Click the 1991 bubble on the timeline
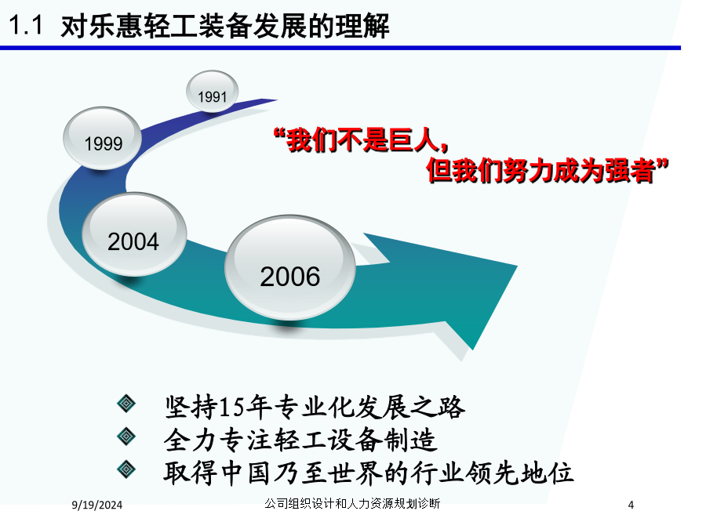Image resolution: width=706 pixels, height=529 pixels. pyautogui.click(x=212, y=92)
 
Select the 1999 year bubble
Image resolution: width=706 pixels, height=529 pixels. pyautogui.click(x=103, y=138)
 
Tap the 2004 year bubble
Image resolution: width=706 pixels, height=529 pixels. pyautogui.click(x=134, y=234)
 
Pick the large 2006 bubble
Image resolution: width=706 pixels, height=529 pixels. pyautogui.click(x=290, y=268)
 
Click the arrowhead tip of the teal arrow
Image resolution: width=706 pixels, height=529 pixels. pyautogui.click(x=472, y=349)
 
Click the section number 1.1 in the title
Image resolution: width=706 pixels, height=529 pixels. pyautogui.click(x=26, y=25)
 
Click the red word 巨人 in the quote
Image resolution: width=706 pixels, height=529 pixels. pyautogui.click(x=414, y=140)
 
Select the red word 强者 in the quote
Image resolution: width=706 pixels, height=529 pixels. pyautogui.click(x=630, y=171)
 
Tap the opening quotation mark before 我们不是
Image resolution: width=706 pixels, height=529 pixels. pyautogui.click(x=279, y=133)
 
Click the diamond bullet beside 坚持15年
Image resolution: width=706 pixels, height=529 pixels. pyautogui.click(x=126, y=404)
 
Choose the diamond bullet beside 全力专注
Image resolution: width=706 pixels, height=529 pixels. pyautogui.click(x=126, y=437)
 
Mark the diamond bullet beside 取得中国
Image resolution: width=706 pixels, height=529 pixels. pyautogui.click(x=126, y=469)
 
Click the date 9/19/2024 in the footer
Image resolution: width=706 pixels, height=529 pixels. pyautogui.click(x=96, y=505)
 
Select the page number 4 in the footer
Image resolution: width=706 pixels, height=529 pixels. pyautogui.click(x=631, y=505)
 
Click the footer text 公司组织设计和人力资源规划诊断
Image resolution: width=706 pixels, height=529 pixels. pyautogui.click(x=352, y=503)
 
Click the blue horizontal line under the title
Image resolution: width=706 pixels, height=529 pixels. pyautogui.click(x=340, y=48)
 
